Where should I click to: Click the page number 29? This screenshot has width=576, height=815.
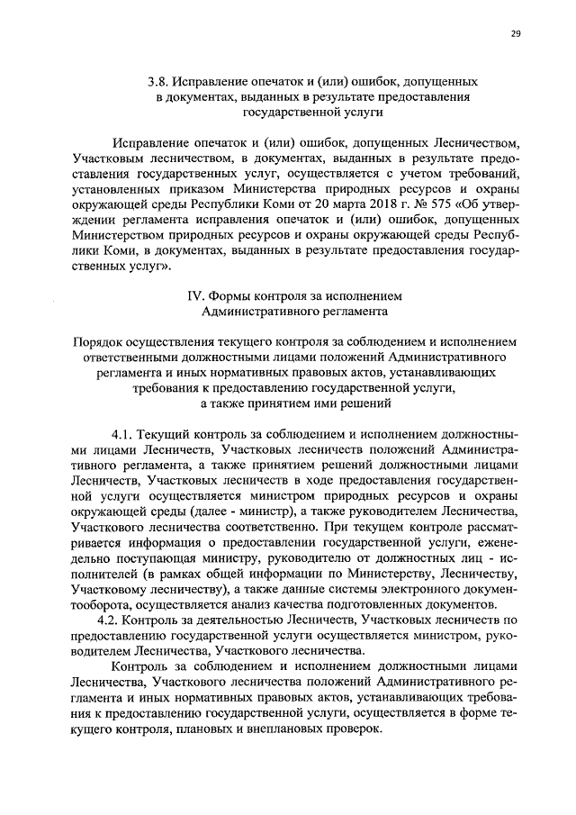tap(516, 34)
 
